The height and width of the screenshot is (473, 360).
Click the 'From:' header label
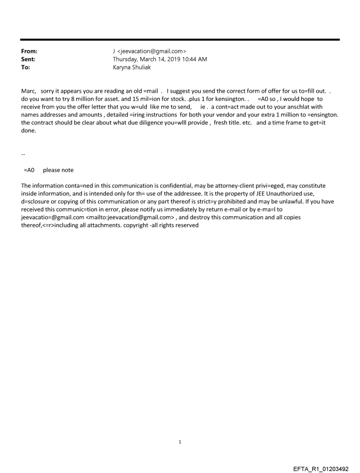29,52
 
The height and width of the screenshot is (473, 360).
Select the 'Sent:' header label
28,59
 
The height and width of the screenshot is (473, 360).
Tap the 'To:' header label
26,67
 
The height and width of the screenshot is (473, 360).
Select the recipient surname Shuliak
142,67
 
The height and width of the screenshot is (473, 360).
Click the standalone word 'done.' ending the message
29,130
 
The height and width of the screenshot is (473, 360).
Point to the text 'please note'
58,170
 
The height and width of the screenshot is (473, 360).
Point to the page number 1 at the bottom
180,442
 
